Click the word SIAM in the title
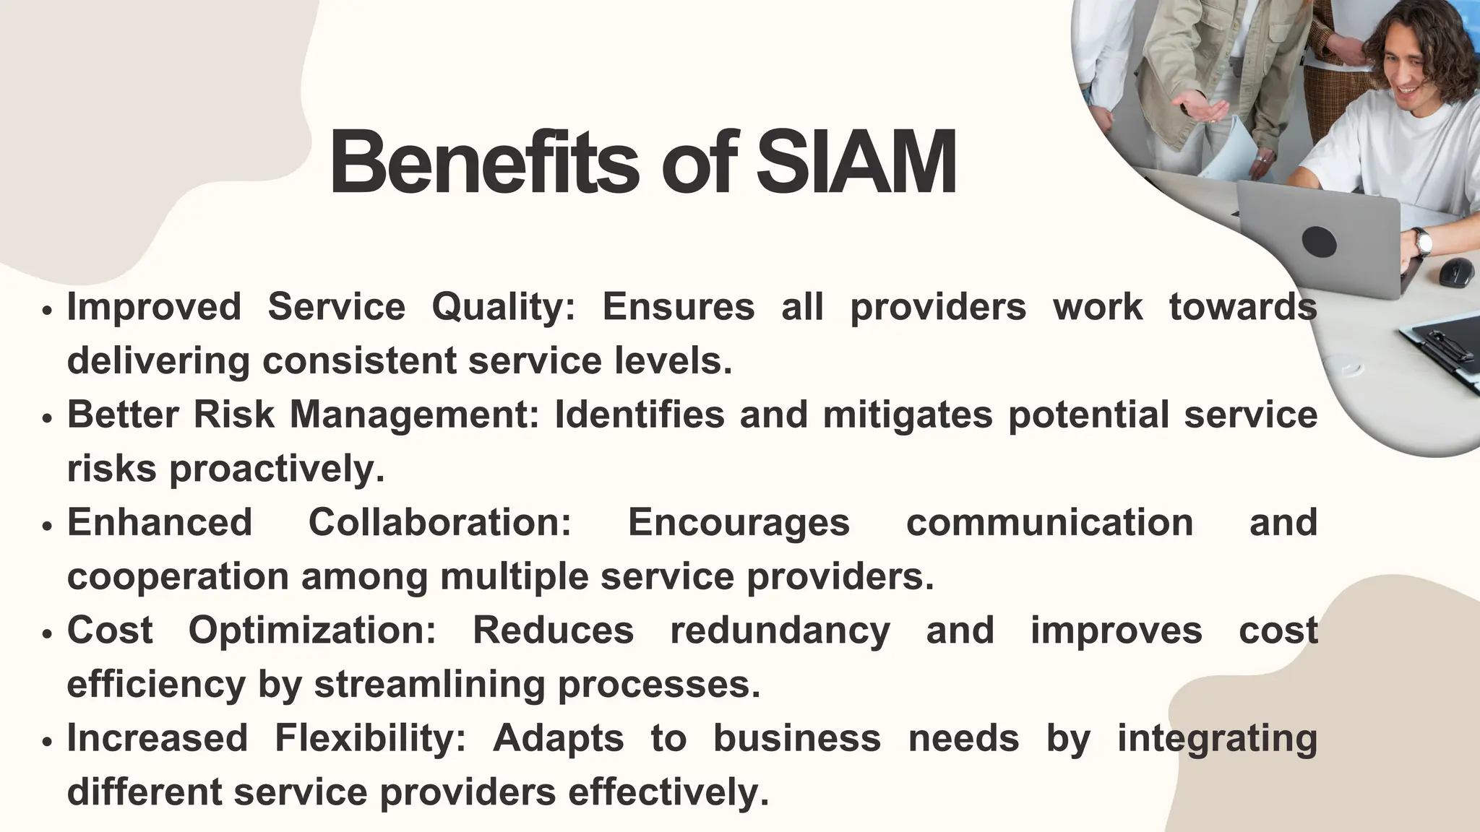[x=856, y=163]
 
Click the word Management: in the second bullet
[x=415, y=415]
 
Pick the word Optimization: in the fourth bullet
[x=312, y=630]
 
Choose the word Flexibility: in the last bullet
[x=370, y=738]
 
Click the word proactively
[x=277, y=469]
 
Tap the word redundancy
[x=780, y=630]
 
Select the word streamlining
[x=429, y=685]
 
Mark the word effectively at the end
[x=668, y=792]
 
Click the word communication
[x=1049, y=523]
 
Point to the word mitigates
[x=908, y=415]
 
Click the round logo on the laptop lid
[x=1319, y=241]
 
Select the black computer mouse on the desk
[x=1457, y=271]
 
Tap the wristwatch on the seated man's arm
[x=1422, y=241]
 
